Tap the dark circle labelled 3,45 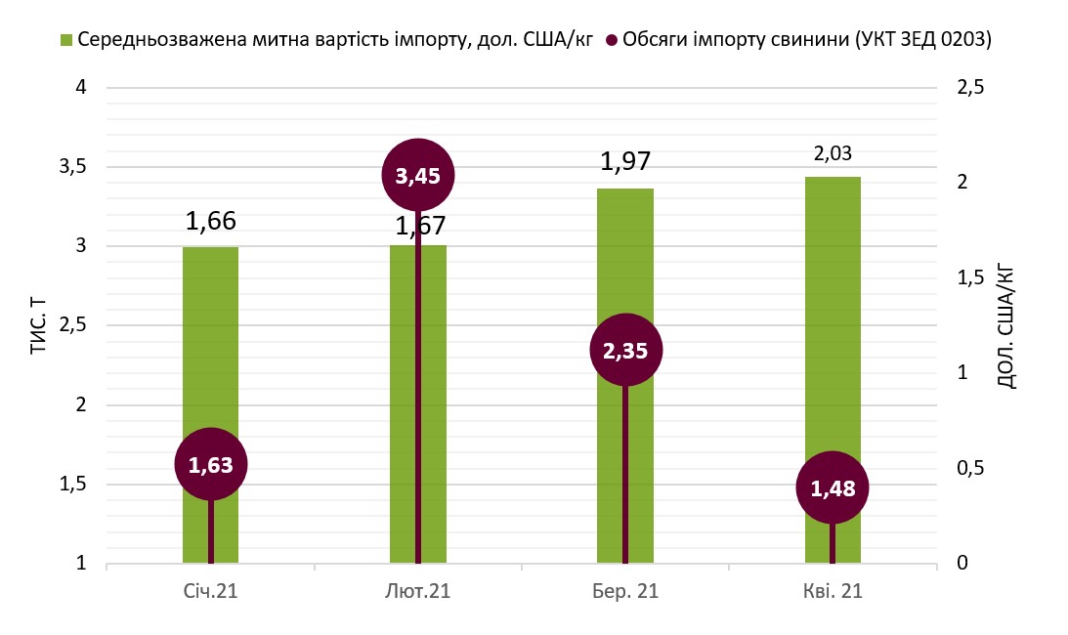tap(418, 176)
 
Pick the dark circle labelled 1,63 tap(211, 465)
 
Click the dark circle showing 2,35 tap(625, 350)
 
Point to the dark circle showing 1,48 tap(833, 488)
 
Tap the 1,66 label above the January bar tap(211, 221)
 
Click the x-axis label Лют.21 tap(418, 592)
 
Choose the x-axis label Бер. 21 tap(625, 592)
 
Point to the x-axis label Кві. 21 tap(833, 592)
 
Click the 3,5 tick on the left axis tap(73, 167)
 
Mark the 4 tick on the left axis tap(81, 88)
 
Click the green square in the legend tap(67, 40)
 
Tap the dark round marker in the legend tap(613, 40)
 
